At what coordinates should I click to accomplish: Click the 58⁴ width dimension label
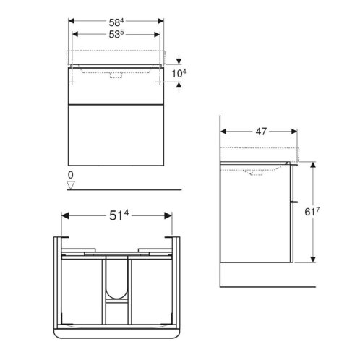(x=116, y=22)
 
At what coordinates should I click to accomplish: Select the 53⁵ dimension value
(x=116, y=34)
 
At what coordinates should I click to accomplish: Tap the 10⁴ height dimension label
(x=179, y=73)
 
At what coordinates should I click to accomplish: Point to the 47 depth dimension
(x=261, y=132)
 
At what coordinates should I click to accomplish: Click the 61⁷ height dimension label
(x=312, y=212)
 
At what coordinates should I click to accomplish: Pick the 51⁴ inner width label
(x=119, y=215)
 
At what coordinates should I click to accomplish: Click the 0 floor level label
(x=71, y=175)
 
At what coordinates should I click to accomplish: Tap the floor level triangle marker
(x=71, y=185)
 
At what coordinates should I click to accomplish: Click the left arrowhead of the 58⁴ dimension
(x=72, y=21)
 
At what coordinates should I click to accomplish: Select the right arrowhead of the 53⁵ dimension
(x=157, y=34)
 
